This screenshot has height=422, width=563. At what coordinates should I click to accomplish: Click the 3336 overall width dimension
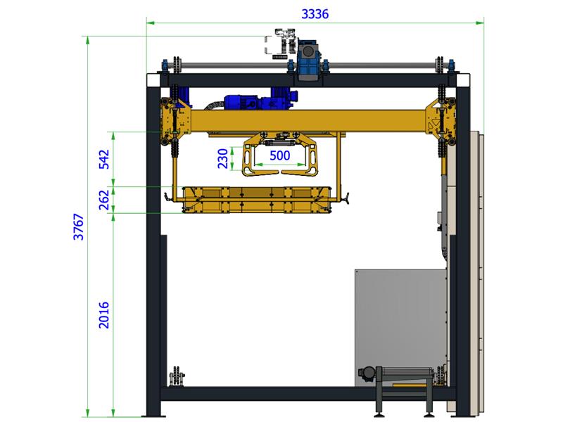pos(315,14)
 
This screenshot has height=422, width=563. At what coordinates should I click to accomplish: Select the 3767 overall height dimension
pos(78,226)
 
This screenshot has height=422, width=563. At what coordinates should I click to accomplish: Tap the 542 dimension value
pos(103,160)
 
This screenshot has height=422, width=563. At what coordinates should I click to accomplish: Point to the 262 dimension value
pos(103,200)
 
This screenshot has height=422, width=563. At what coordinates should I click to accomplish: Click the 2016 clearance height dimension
pos(103,315)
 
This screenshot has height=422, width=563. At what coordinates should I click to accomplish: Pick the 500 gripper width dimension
pos(279,155)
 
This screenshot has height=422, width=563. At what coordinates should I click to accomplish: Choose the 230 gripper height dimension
pos(223,159)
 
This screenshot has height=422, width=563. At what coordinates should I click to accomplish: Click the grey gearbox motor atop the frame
pos(309,59)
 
